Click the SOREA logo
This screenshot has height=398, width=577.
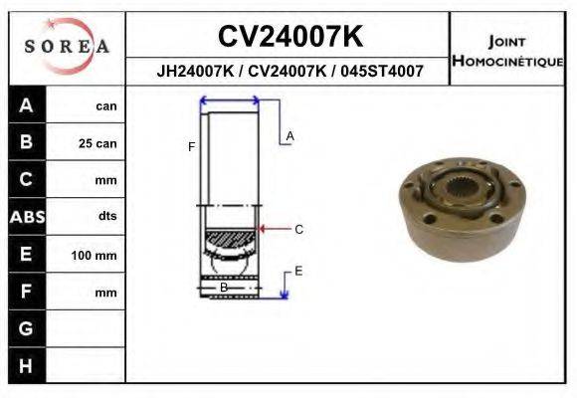pyautogui.click(x=67, y=46)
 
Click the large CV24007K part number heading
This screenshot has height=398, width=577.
pyautogui.click(x=290, y=36)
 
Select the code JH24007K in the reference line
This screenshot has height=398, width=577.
pyautogui.click(x=195, y=71)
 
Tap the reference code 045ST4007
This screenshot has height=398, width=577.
pyautogui.click(x=382, y=71)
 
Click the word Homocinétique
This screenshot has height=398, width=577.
pyautogui.click(x=507, y=61)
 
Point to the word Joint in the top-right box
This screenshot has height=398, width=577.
pyautogui.click(x=506, y=42)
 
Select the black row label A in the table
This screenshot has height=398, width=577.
pyautogui.click(x=27, y=105)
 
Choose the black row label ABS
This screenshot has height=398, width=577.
pyautogui.click(x=27, y=217)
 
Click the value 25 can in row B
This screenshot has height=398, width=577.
pyautogui.click(x=97, y=143)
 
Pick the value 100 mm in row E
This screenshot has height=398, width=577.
pyautogui.click(x=94, y=255)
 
